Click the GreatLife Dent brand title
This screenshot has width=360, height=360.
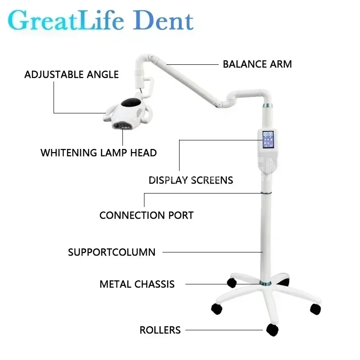click(x=100, y=21)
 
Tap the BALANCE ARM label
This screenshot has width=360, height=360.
click(x=257, y=64)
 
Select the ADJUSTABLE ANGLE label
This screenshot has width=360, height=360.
click(x=72, y=74)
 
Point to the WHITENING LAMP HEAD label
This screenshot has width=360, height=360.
click(x=99, y=153)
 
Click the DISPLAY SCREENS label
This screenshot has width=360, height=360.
click(x=191, y=180)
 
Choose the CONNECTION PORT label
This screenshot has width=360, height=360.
click(x=146, y=215)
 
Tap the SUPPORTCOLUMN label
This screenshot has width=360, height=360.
click(x=112, y=252)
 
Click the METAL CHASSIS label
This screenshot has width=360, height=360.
click(x=137, y=284)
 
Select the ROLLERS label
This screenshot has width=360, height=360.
click(x=160, y=330)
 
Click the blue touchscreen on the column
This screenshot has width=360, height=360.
click(x=269, y=139)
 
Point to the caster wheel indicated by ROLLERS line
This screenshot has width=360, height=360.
click(x=272, y=330)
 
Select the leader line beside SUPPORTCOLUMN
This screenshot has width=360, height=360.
click(x=211, y=252)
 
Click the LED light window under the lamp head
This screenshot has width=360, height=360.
click(x=125, y=125)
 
